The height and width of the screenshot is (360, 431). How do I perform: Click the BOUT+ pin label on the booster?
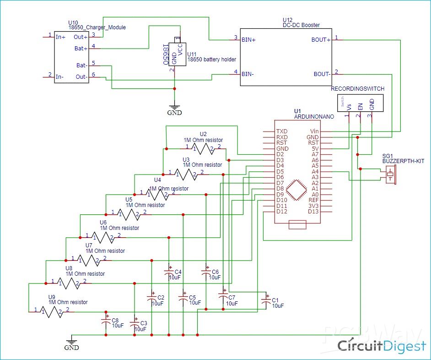(321, 39)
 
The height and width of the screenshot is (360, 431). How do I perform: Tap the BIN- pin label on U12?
(248, 74)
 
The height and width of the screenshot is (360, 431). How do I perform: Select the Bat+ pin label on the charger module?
(81, 48)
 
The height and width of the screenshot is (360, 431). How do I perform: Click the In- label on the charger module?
(59, 77)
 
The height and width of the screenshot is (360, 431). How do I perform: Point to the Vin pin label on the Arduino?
(314, 131)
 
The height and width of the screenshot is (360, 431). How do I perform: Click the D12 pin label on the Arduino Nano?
(282, 211)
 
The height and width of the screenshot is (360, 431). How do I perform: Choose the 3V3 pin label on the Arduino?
(313, 206)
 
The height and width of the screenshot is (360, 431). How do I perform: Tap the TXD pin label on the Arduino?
(282, 131)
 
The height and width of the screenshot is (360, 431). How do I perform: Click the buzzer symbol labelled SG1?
(390, 175)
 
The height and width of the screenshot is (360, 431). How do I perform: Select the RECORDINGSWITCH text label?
(357, 88)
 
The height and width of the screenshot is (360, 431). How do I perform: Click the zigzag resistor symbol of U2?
(202, 148)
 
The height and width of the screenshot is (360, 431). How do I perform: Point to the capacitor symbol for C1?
(265, 301)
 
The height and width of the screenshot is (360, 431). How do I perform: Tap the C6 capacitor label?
(215, 272)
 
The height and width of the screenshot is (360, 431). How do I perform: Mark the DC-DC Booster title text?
(301, 25)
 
